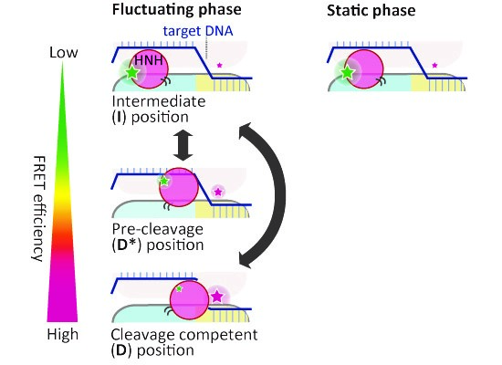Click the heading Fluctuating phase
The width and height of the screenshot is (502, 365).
pos(177,10)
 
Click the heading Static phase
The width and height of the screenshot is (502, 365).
pos(371,11)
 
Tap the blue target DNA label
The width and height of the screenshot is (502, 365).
pos(198,31)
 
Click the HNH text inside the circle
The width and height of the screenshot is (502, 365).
pos(149,60)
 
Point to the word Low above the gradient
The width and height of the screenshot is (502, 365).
pos(63,52)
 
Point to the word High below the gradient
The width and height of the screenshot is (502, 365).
pos(63,335)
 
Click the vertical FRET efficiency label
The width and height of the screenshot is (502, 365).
pos(39,209)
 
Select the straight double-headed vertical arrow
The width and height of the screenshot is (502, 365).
pos(183,146)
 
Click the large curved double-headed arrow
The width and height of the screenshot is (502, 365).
pos(272,195)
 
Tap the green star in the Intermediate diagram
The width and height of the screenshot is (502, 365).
pos(131,73)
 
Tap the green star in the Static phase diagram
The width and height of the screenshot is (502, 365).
pos(347,73)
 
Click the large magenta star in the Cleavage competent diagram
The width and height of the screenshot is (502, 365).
pos(217,297)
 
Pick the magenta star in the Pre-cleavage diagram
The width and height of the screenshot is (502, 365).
pos(218,192)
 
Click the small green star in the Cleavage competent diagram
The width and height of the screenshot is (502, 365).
pos(179,288)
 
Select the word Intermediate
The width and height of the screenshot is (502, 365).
pos(159,102)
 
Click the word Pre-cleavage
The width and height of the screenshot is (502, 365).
pos(158,230)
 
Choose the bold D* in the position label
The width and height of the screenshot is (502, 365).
pos(127,245)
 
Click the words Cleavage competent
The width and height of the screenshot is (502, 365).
pos(184,335)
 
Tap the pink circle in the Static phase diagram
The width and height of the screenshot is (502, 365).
pos(364,69)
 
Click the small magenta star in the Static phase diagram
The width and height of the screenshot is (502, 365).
pos(434,66)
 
